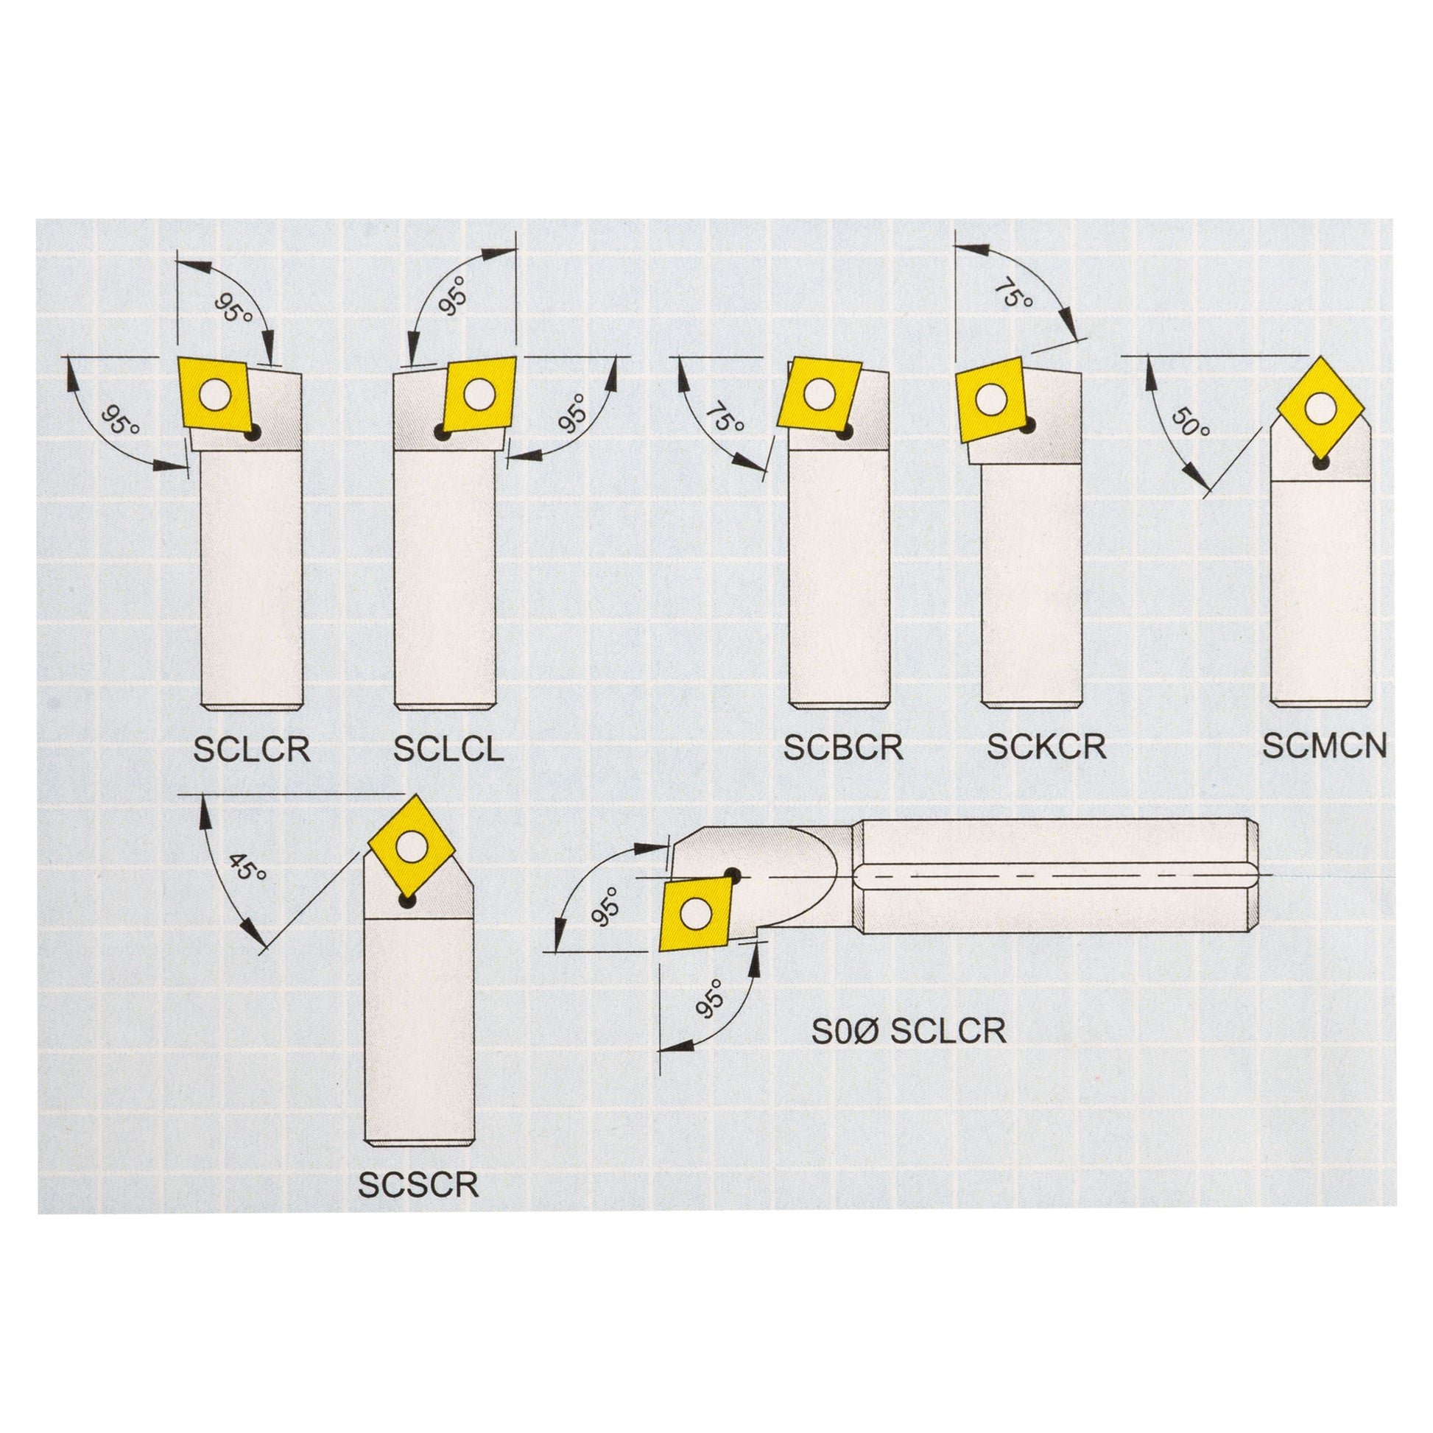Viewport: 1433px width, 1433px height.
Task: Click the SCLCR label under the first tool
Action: (251, 750)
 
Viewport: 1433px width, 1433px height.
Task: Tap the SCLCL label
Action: (448, 750)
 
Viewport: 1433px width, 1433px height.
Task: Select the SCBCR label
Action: (843, 747)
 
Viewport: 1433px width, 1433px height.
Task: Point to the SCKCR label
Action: (1046, 747)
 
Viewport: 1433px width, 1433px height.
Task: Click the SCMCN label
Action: (1324, 746)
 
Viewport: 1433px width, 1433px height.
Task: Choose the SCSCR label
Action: (418, 1186)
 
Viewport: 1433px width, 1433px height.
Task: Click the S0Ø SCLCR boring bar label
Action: (909, 1031)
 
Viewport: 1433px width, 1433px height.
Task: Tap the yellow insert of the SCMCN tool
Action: (1321, 407)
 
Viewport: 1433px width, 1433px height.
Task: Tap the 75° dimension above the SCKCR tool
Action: (1013, 293)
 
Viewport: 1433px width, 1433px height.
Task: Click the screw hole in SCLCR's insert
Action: (215, 395)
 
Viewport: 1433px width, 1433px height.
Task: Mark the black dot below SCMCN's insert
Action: (1320, 463)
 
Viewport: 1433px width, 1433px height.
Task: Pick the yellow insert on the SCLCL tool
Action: (479, 394)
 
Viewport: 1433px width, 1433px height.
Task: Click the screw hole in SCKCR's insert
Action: (991, 400)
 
